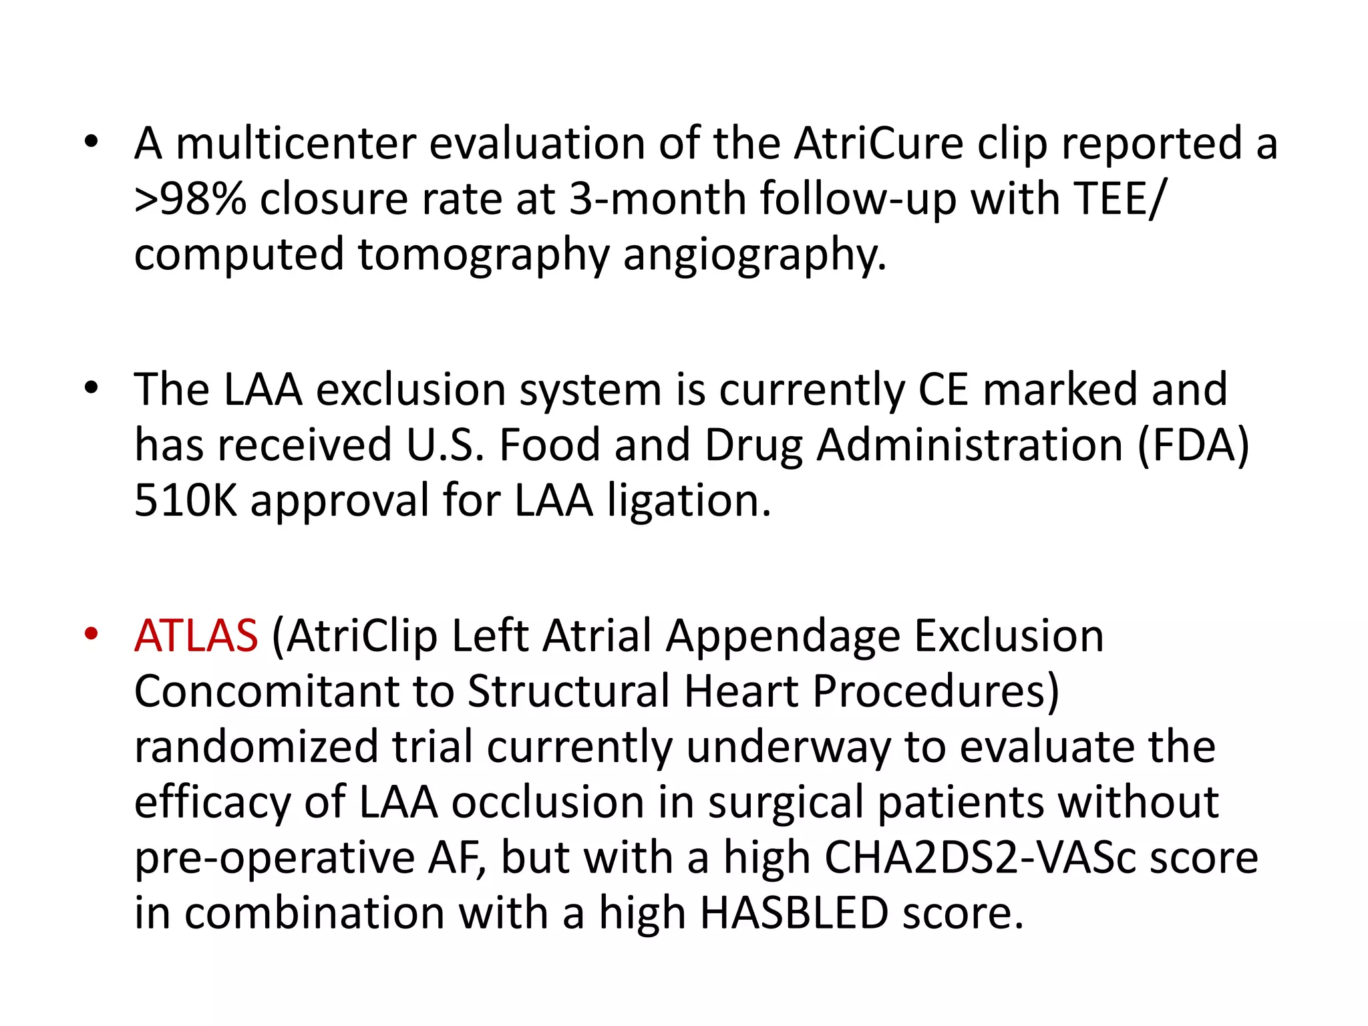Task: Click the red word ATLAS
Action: (196, 635)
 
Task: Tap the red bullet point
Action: (92, 633)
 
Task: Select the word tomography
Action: (484, 255)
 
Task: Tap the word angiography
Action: (755, 255)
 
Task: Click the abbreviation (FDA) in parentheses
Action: (1193, 445)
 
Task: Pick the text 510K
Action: (186, 500)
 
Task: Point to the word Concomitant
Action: (267, 691)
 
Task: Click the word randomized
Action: (256, 746)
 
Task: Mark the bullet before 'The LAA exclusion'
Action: (92, 388)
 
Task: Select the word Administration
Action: (970, 445)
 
